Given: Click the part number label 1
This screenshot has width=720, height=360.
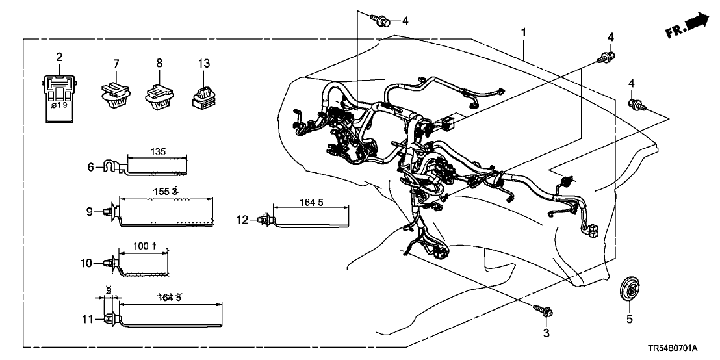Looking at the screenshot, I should (523, 32).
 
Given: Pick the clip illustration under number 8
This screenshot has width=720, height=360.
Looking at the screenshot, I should (159, 95).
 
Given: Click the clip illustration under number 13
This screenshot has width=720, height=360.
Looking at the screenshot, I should (203, 95).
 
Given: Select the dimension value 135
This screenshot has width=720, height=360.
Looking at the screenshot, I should (158, 151).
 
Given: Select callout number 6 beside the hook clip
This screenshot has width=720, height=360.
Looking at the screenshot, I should (91, 167).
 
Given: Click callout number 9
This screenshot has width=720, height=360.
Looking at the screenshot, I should (90, 211).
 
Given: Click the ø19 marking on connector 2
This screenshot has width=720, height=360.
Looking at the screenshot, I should (59, 104).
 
